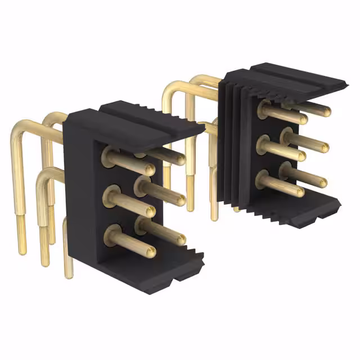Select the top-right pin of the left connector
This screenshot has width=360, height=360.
point(166,155)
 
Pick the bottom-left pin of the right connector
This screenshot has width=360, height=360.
point(281,184)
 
